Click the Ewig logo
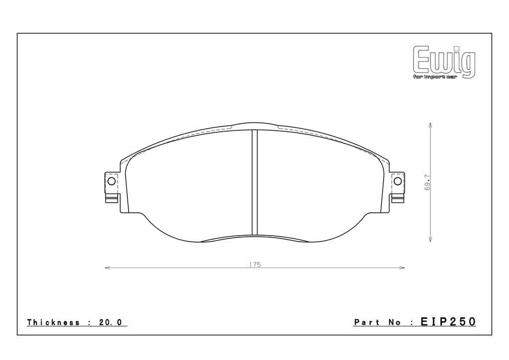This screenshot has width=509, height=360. (x=444, y=62)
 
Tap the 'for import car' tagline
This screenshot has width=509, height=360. (x=435, y=77)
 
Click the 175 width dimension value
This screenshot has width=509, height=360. (x=255, y=265)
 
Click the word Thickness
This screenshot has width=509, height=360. (x=53, y=322)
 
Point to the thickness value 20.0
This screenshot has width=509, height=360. (x=110, y=322)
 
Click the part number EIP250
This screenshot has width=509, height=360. (x=448, y=322)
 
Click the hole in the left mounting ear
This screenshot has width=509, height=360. (x=111, y=181)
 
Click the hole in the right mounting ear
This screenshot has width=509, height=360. (x=398, y=181)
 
